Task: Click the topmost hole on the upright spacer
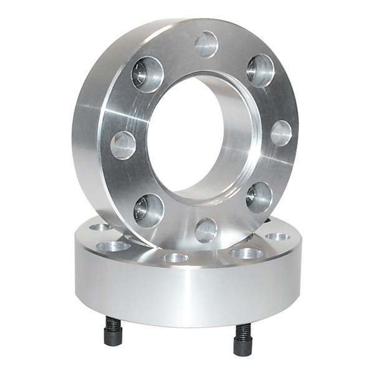206,44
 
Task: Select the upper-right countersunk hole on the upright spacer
260,70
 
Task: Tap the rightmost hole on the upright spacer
280,133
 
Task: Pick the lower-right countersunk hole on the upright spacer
259,197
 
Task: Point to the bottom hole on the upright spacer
206,230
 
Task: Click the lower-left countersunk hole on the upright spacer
148,209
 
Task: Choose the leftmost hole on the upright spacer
123,145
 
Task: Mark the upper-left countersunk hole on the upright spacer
147,74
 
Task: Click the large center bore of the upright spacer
187,134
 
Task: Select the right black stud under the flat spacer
242,340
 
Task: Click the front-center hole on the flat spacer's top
176,257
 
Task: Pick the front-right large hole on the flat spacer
247,253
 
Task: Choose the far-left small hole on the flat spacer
100,227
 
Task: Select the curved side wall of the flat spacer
187,293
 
